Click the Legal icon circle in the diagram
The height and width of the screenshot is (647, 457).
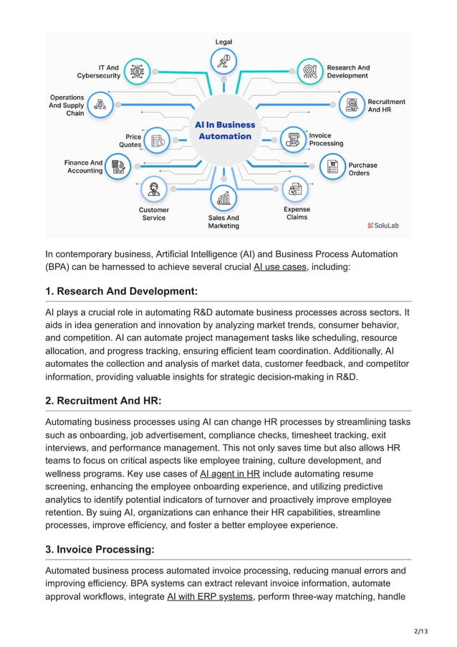pyautogui.click(x=224, y=59)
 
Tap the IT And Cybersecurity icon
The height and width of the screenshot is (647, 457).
pyautogui.click(x=136, y=71)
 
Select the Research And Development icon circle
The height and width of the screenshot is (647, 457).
pyautogui.click(x=310, y=71)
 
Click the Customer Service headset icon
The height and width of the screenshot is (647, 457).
pyautogui.click(x=153, y=189)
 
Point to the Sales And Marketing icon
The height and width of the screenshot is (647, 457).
pyautogui.click(x=224, y=198)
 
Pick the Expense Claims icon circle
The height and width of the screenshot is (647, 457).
pyautogui.click(x=295, y=189)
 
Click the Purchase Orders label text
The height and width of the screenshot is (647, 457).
pyautogui.click(x=362, y=169)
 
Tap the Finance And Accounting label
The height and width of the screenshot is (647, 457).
pyautogui.click(x=84, y=167)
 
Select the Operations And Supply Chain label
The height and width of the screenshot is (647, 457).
pyautogui.click(x=67, y=105)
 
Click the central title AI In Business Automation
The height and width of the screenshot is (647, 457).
pyautogui.click(x=224, y=130)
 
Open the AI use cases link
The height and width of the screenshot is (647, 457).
pyautogui.click(x=280, y=267)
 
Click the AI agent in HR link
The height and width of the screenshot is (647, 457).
pyautogui.click(x=229, y=474)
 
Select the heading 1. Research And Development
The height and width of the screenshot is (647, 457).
pyautogui.click(x=121, y=292)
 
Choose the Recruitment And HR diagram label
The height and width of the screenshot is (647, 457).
pyautogui.click(x=386, y=106)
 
